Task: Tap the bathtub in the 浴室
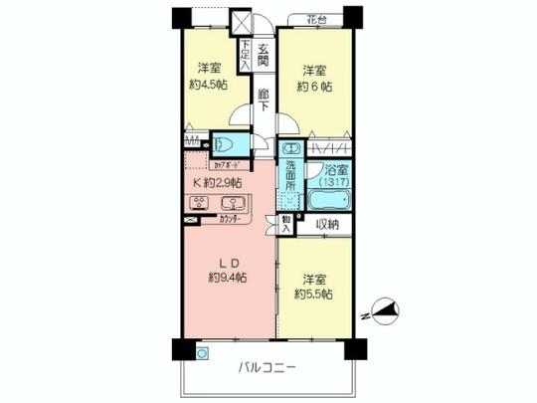(x=328, y=200)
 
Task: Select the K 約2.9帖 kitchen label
(x=216, y=183)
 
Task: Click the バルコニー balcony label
(x=268, y=370)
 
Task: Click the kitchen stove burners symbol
(x=197, y=205)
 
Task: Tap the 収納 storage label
(x=327, y=225)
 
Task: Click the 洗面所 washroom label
(x=290, y=176)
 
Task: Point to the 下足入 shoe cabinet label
(x=245, y=53)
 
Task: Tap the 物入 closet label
(x=286, y=225)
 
